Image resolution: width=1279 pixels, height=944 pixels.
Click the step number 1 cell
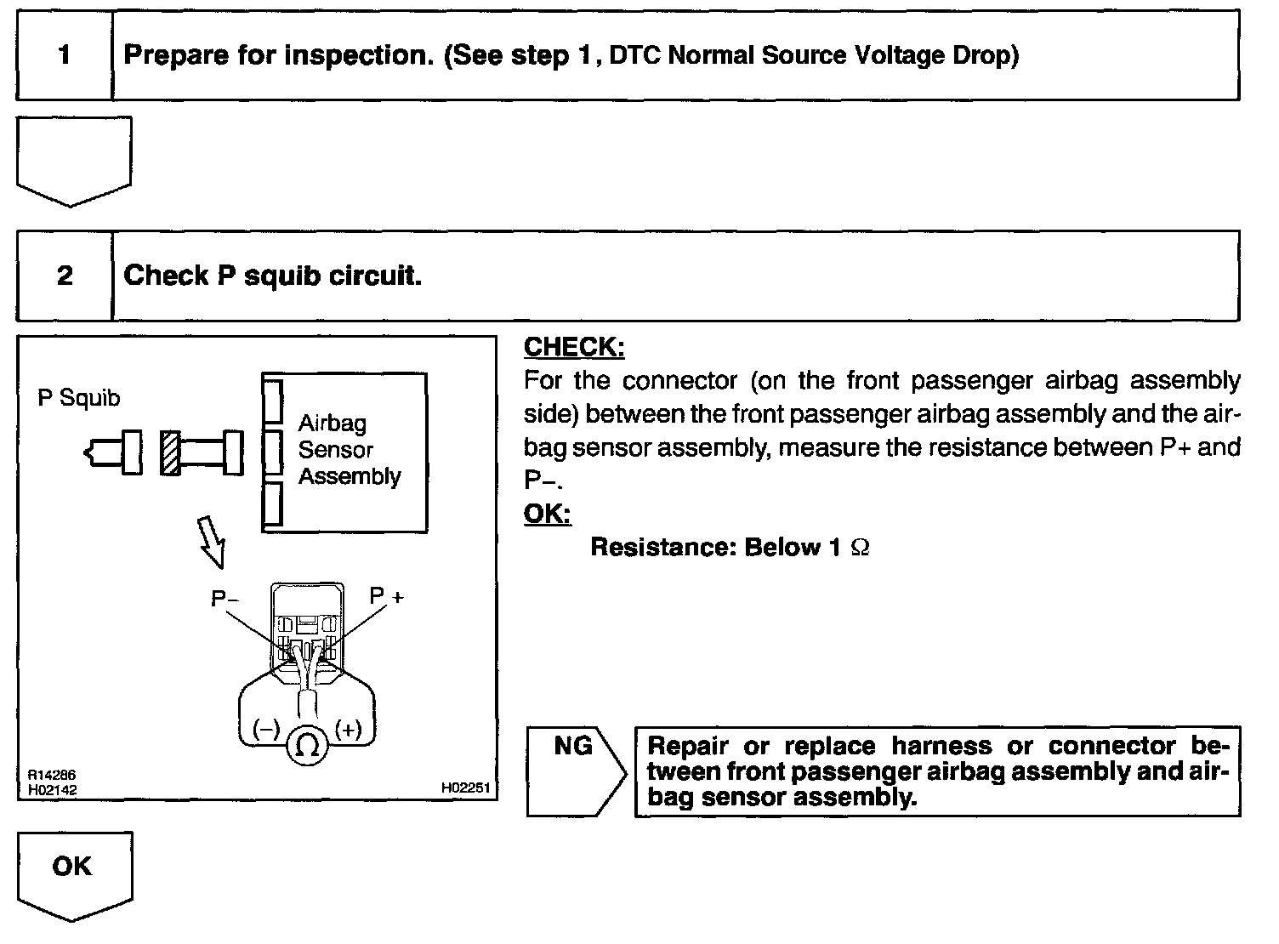[65, 55]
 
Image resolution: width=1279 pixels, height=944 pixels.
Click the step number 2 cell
[65, 276]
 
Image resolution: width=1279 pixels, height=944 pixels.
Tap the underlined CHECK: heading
[574, 347]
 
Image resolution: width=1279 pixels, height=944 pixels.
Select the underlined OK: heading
[548, 514]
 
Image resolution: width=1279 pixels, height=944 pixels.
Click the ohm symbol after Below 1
[860, 548]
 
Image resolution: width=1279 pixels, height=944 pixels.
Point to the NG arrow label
[574, 746]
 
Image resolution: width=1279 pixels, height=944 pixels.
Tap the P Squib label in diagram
[79, 398]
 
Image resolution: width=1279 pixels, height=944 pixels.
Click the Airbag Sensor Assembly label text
[349, 450]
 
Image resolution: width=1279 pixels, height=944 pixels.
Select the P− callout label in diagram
[225, 599]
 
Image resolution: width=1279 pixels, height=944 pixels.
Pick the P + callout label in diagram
[387, 596]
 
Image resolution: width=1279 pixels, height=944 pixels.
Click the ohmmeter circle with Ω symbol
[308, 746]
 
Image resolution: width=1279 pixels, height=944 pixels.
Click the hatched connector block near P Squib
[170, 452]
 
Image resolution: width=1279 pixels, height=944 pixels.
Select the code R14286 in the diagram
[52, 776]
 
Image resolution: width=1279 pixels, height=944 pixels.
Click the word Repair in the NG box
[688, 746]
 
